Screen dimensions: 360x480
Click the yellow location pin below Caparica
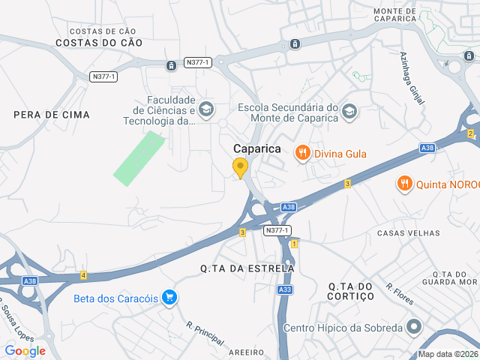240,167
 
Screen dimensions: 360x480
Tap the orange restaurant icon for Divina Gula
303,154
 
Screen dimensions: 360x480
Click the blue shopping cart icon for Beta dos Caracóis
169,298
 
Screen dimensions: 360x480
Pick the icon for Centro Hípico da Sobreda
413,327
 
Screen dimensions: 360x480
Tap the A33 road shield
284,289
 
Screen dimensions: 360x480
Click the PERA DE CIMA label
52,115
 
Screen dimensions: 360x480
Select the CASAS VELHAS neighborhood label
409,233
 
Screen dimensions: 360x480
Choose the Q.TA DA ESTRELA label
247,268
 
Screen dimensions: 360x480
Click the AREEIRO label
248,351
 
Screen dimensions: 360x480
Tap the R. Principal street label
204,334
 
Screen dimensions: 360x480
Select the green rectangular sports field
139,157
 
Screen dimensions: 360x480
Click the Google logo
25,350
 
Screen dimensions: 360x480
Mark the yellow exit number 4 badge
83,276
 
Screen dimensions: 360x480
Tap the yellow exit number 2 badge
470,133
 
